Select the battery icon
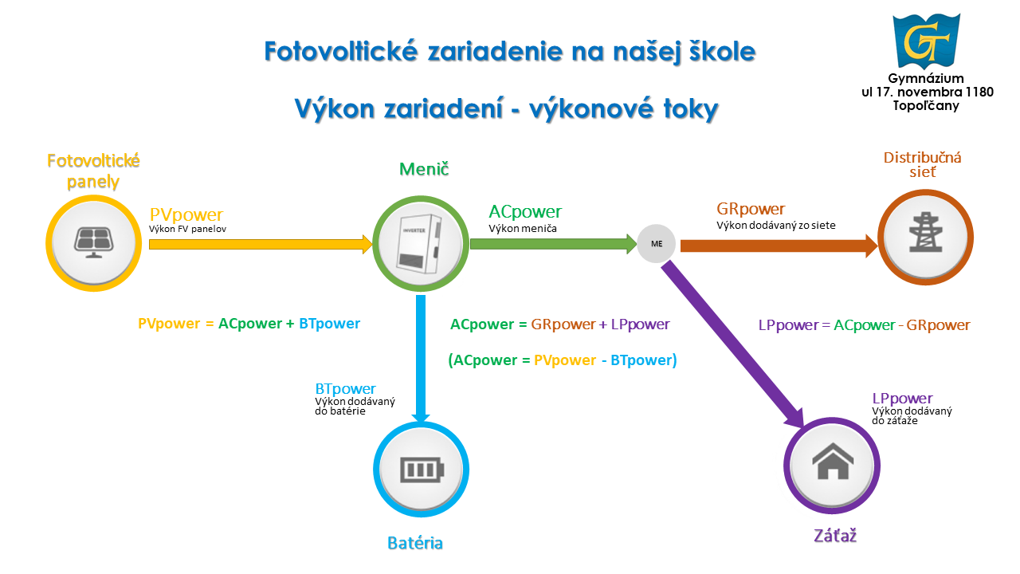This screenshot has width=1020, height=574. (422, 470)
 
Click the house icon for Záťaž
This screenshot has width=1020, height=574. (833, 461)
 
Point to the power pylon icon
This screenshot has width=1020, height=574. (925, 232)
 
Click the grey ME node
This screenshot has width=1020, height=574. (656, 244)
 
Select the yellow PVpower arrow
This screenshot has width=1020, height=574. (261, 244)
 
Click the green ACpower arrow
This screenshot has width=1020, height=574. (553, 244)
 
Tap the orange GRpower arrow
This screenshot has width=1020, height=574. (779, 246)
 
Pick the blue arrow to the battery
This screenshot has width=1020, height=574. (421, 359)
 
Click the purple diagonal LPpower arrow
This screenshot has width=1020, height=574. (733, 345)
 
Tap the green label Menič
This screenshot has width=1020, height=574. (424, 169)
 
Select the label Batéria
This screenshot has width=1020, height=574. (415, 543)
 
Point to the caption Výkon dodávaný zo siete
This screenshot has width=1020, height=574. (776, 225)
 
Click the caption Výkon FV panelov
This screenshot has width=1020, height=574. (187, 229)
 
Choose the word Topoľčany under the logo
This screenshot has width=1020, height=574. (926, 106)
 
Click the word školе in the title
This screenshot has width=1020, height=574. (722, 51)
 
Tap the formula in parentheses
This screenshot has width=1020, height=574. (563, 360)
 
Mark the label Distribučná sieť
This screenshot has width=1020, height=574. (923, 164)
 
